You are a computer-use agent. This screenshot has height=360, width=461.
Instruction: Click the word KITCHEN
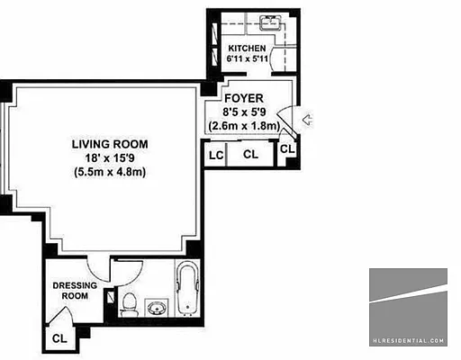(247, 48)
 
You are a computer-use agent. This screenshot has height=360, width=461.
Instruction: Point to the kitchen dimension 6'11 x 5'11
(247, 59)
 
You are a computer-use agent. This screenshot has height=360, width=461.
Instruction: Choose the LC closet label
(216, 155)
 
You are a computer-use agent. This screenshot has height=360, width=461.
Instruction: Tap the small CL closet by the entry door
(286, 148)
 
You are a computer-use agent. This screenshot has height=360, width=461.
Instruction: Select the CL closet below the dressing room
(59, 338)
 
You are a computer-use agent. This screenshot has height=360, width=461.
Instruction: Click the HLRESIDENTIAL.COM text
(408, 341)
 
